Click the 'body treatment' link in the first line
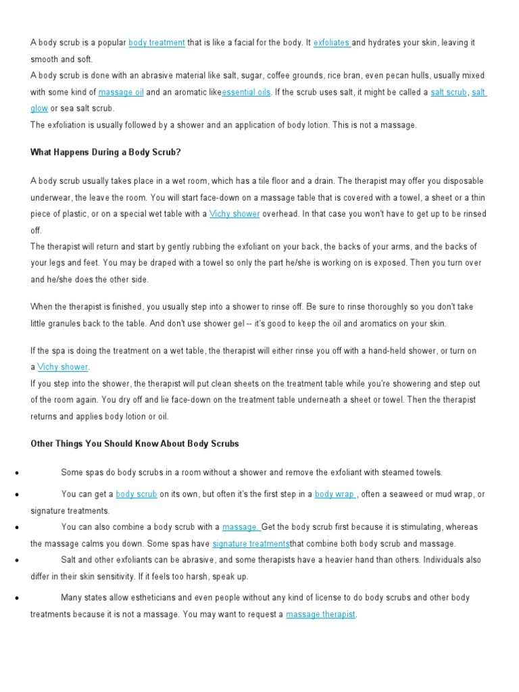click(156, 43)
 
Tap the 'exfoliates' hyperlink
click(331, 43)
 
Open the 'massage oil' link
click(121, 92)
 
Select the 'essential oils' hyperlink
click(247, 92)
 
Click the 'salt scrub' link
click(448, 92)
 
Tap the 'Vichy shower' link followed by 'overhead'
click(234, 214)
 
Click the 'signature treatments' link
click(251, 544)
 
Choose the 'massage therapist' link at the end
click(320, 614)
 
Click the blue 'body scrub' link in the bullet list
click(137, 495)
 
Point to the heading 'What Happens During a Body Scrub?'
click(105, 152)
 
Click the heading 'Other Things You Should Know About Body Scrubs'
click(134, 444)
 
